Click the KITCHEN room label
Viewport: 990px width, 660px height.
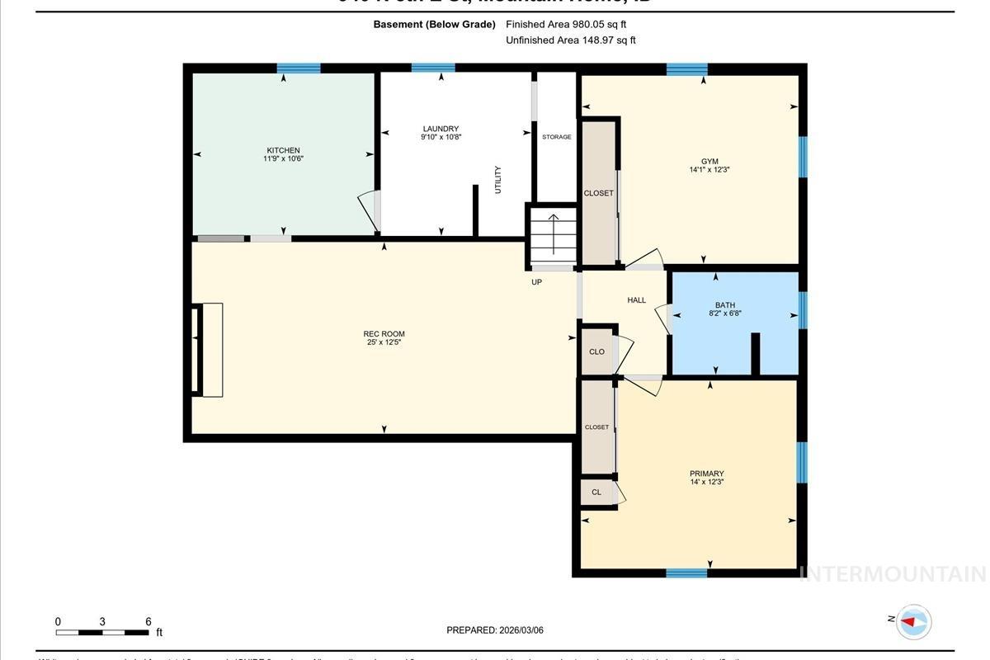[x=282, y=150]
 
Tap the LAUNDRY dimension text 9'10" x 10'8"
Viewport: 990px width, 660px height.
[x=441, y=137]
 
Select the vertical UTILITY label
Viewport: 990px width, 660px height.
[x=497, y=180]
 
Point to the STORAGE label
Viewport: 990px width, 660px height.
[x=556, y=137]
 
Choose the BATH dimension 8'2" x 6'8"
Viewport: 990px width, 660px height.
[x=725, y=313]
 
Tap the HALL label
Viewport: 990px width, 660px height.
[x=636, y=300]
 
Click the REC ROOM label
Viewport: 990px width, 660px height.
[x=384, y=334]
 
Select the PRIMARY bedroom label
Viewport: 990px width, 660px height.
[x=706, y=474]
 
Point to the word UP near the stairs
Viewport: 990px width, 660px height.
[x=536, y=282]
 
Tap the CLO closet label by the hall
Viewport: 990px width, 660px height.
[x=596, y=351]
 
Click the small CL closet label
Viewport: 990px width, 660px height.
[x=596, y=493]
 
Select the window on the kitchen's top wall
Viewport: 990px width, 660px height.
[x=299, y=68]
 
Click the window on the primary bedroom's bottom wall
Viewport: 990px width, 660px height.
[x=686, y=573]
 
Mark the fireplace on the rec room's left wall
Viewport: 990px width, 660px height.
[x=208, y=350]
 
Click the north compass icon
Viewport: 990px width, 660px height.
[x=912, y=621]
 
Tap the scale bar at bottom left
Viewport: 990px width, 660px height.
[x=102, y=632]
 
